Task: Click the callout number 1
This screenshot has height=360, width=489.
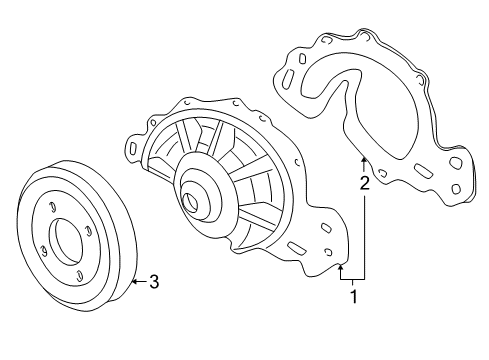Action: (354, 296)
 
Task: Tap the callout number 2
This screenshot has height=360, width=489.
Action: (365, 183)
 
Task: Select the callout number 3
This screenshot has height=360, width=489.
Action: (154, 282)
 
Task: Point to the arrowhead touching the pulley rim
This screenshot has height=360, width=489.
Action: (134, 282)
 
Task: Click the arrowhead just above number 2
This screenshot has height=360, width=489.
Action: (364, 160)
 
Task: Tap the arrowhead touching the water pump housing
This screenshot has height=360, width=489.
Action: (340, 267)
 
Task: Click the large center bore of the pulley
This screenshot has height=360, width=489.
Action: (65, 242)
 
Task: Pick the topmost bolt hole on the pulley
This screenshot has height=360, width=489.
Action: (52, 207)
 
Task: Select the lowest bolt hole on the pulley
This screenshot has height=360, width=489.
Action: (79, 276)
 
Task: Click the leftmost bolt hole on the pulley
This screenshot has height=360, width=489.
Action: (43, 251)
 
